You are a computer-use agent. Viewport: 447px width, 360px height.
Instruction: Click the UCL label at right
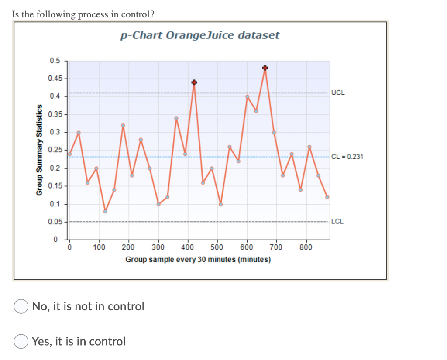(x=337, y=93)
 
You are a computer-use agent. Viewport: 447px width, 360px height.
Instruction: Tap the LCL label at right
(x=337, y=221)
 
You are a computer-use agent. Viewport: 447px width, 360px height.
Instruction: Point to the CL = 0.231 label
(x=347, y=156)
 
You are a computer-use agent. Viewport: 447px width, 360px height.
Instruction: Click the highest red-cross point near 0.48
(x=265, y=68)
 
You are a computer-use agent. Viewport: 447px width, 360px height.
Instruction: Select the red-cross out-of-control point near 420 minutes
(x=194, y=82)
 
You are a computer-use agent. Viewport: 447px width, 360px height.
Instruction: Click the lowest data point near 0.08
(x=105, y=211)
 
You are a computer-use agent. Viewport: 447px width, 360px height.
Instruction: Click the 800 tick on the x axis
(x=306, y=247)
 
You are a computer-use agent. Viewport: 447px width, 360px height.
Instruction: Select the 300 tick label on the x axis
(x=158, y=247)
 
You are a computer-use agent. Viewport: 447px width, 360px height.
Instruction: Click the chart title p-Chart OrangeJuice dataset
(x=199, y=36)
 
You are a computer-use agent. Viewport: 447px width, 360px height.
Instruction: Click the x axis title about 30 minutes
(x=198, y=260)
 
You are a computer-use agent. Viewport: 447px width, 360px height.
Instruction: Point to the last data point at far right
(x=327, y=197)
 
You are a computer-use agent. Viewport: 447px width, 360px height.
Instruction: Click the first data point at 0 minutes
(x=69, y=154)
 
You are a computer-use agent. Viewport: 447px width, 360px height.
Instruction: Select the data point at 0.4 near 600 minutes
(x=247, y=96)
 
